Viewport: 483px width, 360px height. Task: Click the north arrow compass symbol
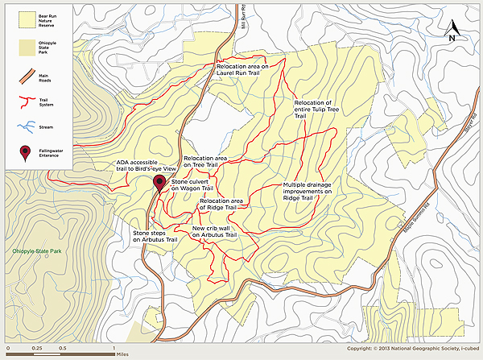point(452,33)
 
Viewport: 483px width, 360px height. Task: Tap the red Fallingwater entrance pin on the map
point(159,181)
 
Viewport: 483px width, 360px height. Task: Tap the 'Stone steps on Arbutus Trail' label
point(154,235)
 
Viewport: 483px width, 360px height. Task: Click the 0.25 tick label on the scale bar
point(37,347)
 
